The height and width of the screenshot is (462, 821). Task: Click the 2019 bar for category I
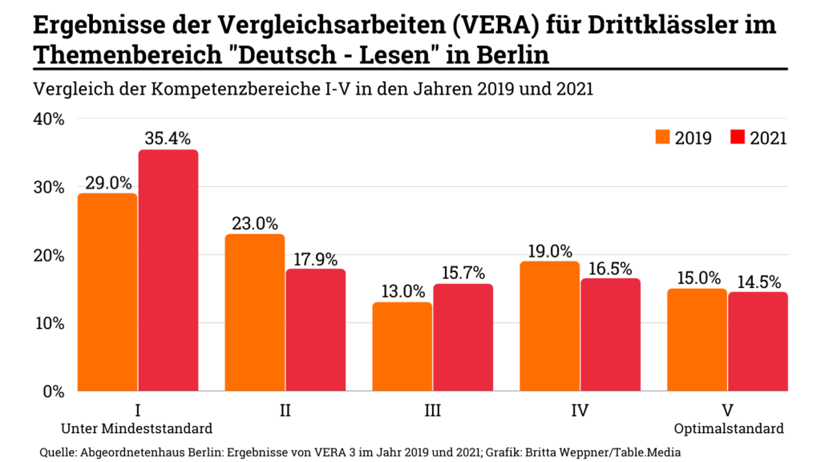point(107,292)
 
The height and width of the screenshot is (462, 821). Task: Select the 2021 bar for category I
point(168,270)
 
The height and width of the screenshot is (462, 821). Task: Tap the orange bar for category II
point(255,313)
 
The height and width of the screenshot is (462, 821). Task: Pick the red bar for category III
point(463,337)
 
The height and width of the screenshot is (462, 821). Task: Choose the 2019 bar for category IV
point(550,326)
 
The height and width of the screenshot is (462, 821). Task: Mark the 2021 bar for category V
point(758,342)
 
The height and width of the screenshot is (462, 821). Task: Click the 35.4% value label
point(168,137)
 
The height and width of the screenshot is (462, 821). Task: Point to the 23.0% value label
point(255,222)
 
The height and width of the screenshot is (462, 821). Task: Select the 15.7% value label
point(463,271)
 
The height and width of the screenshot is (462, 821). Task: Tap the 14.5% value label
point(758,281)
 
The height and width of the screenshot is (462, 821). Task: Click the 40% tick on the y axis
point(48,119)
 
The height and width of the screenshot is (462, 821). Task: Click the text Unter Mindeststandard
point(138,428)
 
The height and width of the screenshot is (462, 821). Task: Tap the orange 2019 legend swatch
point(662,137)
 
